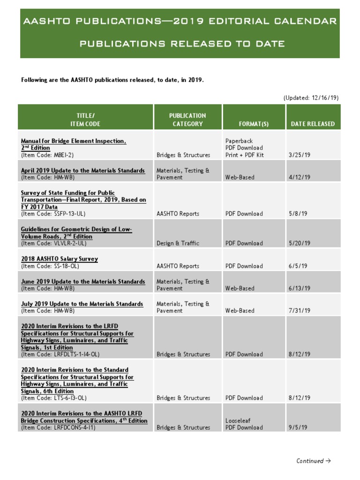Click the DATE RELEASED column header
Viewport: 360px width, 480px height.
click(313, 124)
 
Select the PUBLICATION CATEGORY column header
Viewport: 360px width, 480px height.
click(187, 120)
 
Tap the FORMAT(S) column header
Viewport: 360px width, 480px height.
click(254, 124)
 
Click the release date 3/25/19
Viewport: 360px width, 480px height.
click(300, 155)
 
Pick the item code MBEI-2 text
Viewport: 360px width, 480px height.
click(47, 155)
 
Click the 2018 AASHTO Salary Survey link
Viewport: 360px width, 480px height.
click(60, 259)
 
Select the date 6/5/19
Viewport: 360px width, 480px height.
click(298, 266)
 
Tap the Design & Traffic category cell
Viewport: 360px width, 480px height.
click(178, 243)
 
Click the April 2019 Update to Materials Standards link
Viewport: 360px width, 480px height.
click(83, 171)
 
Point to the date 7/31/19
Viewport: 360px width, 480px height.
click(300, 310)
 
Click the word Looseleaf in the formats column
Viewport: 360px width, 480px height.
click(239, 421)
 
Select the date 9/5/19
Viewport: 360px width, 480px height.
click(298, 427)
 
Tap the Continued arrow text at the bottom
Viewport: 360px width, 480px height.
click(313, 461)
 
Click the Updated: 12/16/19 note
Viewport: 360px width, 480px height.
click(311, 98)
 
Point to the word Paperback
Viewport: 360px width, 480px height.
click(239, 141)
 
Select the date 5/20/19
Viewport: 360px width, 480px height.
click(300, 243)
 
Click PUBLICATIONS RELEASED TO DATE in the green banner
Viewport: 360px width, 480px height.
click(182, 44)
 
